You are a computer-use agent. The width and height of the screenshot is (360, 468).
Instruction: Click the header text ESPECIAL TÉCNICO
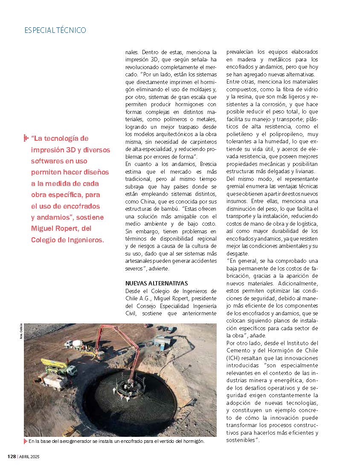(x=55, y=30)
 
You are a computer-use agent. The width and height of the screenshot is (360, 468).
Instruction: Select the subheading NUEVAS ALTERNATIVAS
(x=157, y=283)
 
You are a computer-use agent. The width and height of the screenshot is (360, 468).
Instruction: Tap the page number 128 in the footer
(x=12, y=456)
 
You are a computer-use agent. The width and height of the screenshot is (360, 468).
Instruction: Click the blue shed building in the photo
(x=161, y=341)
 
